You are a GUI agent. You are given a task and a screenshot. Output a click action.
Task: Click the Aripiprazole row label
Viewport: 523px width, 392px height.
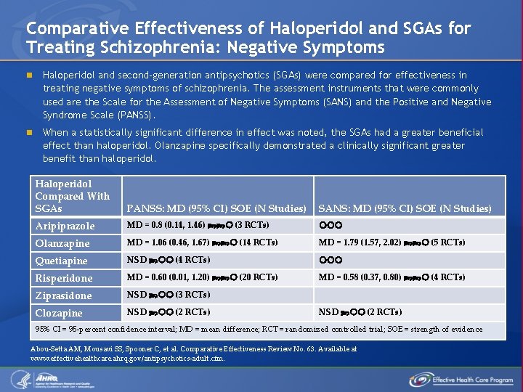(x=65, y=226)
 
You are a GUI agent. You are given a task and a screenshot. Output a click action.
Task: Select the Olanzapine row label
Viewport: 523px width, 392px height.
(x=62, y=243)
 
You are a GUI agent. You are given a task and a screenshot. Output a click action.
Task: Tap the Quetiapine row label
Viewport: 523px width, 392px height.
(x=61, y=261)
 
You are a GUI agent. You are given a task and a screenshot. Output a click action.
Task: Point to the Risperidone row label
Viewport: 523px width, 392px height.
(x=64, y=278)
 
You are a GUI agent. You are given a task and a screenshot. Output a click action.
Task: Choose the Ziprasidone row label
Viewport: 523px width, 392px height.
(x=64, y=295)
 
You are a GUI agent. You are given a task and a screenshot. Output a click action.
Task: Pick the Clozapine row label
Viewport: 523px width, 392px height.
(x=60, y=313)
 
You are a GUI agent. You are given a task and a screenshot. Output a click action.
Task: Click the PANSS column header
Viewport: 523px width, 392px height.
(x=216, y=208)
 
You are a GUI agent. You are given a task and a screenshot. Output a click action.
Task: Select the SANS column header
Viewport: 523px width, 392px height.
(x=405, y=208)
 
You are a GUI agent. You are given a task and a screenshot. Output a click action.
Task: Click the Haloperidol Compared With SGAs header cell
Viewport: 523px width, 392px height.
(x=73, y=196)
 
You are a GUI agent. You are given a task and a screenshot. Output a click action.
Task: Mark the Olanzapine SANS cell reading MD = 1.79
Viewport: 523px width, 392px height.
(x=392, y=242)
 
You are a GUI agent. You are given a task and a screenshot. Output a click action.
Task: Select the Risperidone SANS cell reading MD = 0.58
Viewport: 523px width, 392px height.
(x=392, y=277)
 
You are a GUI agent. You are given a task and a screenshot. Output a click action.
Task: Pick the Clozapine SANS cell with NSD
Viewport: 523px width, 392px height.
(x=360, y=312)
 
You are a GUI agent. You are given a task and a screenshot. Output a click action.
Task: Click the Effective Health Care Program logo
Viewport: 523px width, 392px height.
(x=461, y=379)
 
